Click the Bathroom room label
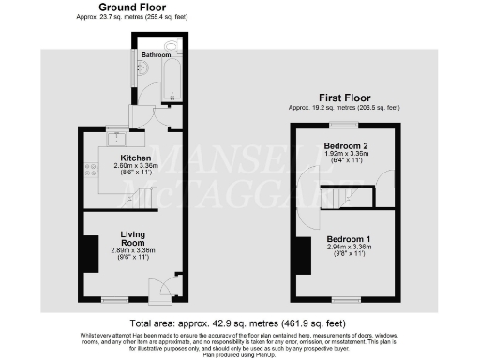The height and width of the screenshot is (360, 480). coord(156,55)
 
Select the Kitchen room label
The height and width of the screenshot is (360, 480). coord(124,157)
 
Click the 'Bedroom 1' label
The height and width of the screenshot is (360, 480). coord(348,239)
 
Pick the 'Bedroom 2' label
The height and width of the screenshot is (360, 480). coord(344,146)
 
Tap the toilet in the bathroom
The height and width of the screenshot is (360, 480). coord(172,46)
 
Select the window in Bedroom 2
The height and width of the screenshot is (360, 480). coord(345,124)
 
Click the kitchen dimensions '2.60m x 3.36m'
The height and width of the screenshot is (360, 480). coord(124,166)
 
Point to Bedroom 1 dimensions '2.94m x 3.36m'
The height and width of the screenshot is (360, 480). coord(348,247)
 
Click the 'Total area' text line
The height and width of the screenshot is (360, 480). coord(240,322)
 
